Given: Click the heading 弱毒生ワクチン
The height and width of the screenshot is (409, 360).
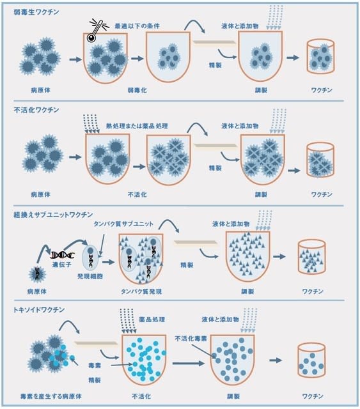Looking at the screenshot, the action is pos(36,12).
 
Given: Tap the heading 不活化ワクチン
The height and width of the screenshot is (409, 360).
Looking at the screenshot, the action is pos(36,110).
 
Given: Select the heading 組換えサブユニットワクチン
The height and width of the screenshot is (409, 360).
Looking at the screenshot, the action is pos(53,215).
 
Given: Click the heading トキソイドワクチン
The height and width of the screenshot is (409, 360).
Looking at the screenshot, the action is pos(39,309).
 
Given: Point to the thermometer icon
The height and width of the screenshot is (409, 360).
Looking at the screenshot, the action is pos(96,29).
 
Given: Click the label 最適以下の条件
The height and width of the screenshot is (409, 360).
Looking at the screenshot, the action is pos(137,26).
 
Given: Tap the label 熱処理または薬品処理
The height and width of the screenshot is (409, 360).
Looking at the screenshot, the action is pos(137,126).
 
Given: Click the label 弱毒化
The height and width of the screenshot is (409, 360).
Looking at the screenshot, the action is pos(137,90).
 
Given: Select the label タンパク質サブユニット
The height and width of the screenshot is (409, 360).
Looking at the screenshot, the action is pos(123,224).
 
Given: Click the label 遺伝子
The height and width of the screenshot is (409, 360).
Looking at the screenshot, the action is pos(61,265).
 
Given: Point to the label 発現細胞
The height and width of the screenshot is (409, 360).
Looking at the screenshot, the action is pos(90,276).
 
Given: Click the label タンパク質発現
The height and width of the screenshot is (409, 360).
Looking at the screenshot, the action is pos(141,291).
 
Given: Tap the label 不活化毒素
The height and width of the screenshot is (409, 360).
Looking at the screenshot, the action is pos(191,339).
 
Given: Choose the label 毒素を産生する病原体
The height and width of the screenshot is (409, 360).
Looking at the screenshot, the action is pos(51,396).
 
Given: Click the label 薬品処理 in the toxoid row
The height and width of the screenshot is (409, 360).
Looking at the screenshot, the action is pos(152,320).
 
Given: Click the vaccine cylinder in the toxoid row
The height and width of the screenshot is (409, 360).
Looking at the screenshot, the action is pos(311,360).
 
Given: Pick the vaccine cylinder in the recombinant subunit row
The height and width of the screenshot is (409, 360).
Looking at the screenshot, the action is pos(311,257).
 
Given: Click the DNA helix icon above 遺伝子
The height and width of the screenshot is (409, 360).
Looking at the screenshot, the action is pos(63,255).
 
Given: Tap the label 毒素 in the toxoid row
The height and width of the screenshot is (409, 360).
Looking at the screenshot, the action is pos(95,366).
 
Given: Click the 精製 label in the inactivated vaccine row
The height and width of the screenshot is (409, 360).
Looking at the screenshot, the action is pos(215,168).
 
